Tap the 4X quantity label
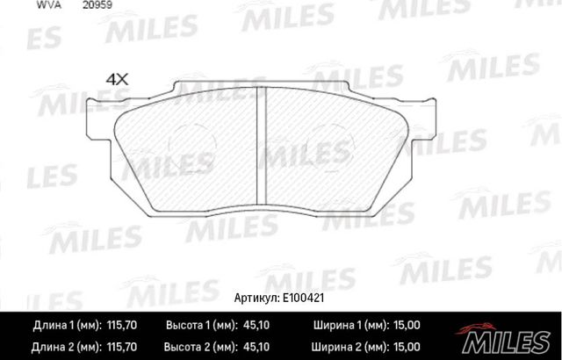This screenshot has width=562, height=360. [x=117, y=78]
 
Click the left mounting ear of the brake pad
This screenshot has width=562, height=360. [x=104, y=124]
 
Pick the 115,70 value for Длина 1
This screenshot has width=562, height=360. [x=119, y=326]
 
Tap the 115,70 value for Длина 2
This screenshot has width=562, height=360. [x=119, y=346]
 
